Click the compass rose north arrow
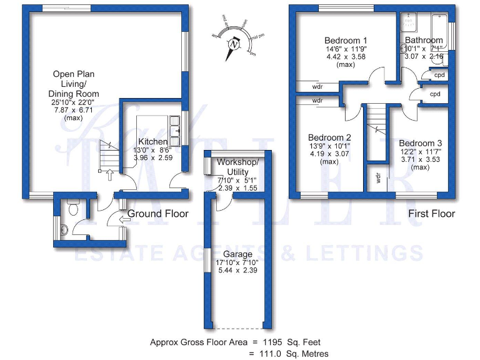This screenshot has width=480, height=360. tap(234, 44)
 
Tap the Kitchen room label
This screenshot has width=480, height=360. tap(152, 142)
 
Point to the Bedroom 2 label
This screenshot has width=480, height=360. tap(329, 137)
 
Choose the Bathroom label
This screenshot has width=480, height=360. tap(423, 40)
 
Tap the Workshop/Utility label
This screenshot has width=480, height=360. tap(236, 167)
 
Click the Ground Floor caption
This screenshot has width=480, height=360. tap(158, 214)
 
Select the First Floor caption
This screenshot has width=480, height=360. tap(431, 214)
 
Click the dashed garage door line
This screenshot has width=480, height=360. tap(239, 327)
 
